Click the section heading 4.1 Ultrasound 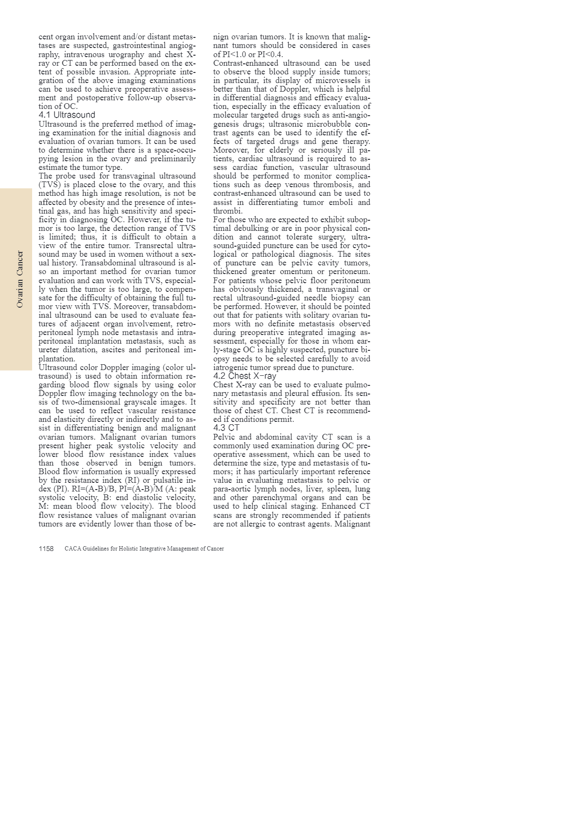click(x=67, y=115)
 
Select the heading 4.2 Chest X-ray click(x=245, y=376)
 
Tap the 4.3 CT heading click(x=226, y=428)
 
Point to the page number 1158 click(x=46, y=549)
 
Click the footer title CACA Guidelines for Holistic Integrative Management click(x=144, y=549)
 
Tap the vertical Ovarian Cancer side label click(x=20, y=279)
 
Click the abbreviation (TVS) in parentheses click(x=49, y=185)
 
